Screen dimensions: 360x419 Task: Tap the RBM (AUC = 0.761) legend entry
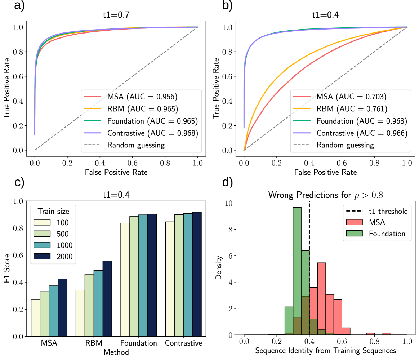(351, 109)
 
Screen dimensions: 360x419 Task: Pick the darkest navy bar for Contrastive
(197, 274)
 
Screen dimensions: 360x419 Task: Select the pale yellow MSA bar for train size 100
(36, 317)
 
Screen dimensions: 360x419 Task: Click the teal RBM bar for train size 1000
(98, 303)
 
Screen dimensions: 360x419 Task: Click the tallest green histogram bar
(297, 270)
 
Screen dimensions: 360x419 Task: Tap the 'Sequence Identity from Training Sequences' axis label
(325, 350)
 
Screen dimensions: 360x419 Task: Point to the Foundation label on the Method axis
(139, 343)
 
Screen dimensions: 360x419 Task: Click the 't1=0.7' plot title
(116, 15)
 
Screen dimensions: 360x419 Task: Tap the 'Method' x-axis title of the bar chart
(116, 352)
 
